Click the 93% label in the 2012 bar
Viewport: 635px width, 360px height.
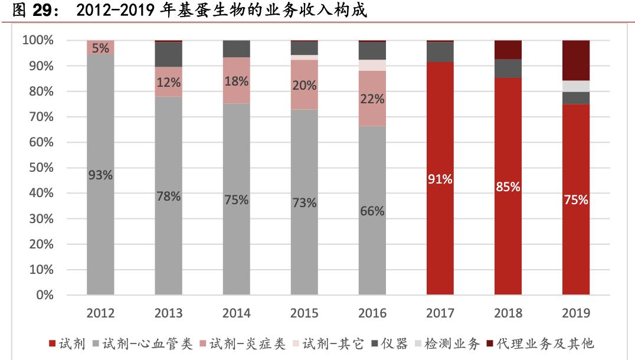pos(100,175)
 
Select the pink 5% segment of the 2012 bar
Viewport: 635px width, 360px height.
pos(100,48)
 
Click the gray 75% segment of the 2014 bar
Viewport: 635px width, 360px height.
pos(236,199)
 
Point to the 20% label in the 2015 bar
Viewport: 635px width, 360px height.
pos(305,85)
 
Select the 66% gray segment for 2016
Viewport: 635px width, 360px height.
pos(372,211)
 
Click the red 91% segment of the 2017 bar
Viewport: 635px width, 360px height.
pos(440,179)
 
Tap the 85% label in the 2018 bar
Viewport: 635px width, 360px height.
pos(508,187)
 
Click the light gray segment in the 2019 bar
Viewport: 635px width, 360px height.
pos(575,86)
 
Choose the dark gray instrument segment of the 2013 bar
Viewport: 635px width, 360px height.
pos(168,54)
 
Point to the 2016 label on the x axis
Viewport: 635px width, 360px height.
pos(372,313)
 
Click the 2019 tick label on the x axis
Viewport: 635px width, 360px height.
pos(575,313)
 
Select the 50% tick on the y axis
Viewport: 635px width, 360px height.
pos(41,168)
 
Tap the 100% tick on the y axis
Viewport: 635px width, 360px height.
pos(38,41)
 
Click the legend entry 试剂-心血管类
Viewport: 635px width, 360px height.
pos(141,343)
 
